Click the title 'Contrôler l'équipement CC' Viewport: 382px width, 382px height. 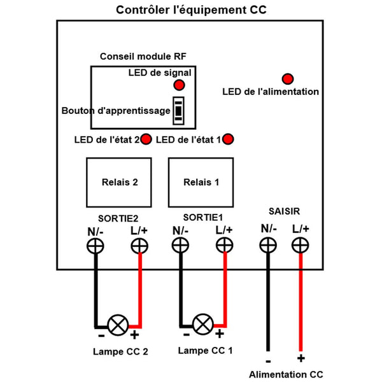click(x=191, y=10)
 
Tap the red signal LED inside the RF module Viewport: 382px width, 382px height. click(x=179, y=85)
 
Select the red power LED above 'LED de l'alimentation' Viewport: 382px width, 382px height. click(x=288, y=79)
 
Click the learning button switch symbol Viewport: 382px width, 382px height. click(x=178, y=111)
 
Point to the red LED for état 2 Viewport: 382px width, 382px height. click(x=146, y=139)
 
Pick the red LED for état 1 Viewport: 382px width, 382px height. click(x=228, y=139)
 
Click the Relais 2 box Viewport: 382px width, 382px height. click(x=119, y=183)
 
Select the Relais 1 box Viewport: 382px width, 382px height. click(x=201, y=183)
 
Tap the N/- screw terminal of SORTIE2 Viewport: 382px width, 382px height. click(x=95, y=246)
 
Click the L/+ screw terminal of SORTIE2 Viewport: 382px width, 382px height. click(x=139, y=246)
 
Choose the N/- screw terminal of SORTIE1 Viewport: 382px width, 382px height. click(x=180, y=245)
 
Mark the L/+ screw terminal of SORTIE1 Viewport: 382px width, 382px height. click(x=224, y=245)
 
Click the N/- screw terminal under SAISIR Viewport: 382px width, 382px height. click(x=268, y=245)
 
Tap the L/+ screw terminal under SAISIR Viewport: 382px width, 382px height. click(x=301, y=245)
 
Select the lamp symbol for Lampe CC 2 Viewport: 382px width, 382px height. click(x=118, y=325)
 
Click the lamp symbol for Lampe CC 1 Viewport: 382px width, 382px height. click(x=202, y=324)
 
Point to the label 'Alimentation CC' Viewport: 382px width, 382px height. click(x=286, y=374)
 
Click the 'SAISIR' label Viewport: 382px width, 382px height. click(x=284, y=211)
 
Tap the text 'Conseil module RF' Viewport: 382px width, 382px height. click(x=143, y=57)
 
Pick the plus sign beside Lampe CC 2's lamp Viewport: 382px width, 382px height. click(x=134, y=335)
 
